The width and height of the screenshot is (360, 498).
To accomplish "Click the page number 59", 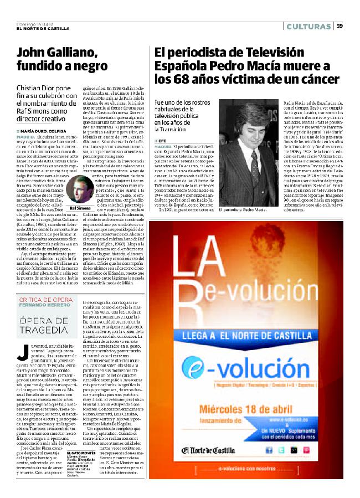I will [340, 25].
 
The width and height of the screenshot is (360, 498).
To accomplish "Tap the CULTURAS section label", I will [310, 26].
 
